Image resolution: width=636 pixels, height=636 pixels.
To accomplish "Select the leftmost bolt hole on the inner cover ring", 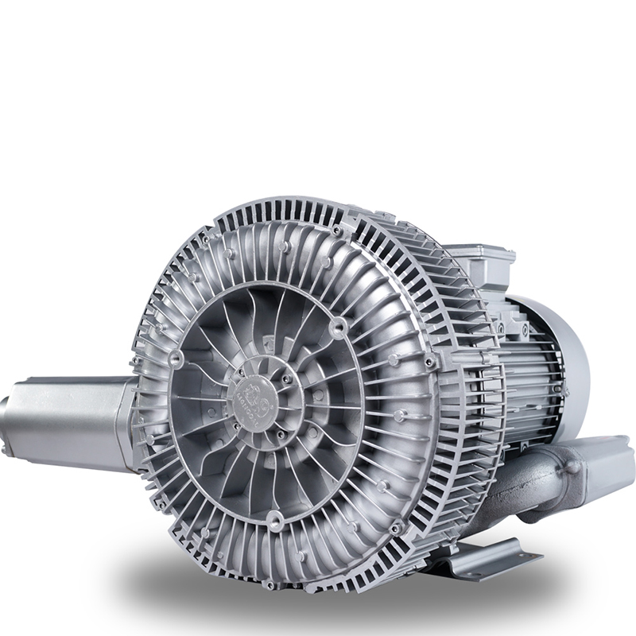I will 176,359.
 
